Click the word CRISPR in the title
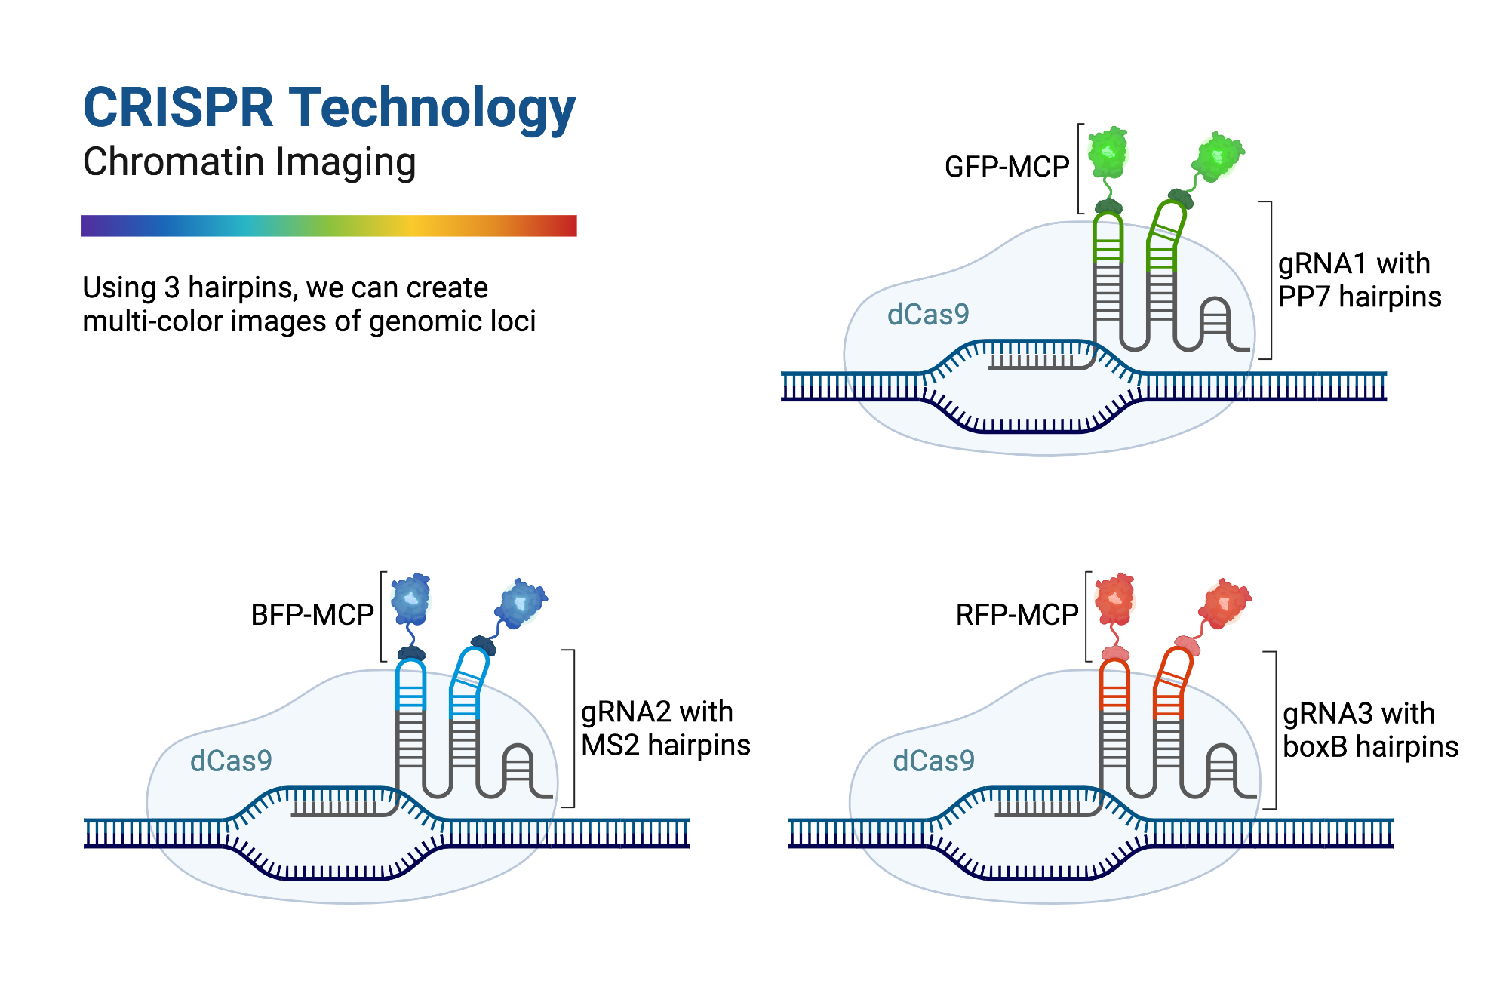pos(178,107)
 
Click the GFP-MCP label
pos(1007,167)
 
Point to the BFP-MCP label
pos(312,615)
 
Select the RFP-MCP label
pos(1016,615)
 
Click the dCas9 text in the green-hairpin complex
pos(927,315)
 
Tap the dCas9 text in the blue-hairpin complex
pos(231,761)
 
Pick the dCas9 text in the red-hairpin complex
pos(933,761)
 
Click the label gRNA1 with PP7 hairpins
pos(1359,280)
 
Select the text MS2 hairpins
pos(665,746)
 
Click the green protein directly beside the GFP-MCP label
pos(1108,152)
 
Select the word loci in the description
pos(512,321)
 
